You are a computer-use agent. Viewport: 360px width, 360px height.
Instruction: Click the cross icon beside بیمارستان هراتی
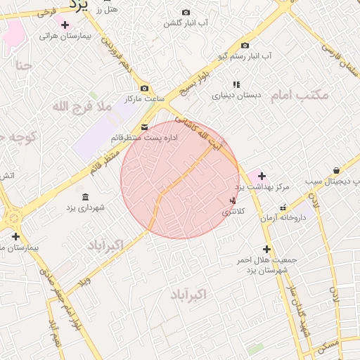coord(65,25)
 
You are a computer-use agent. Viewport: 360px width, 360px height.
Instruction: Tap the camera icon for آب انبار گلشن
coord(186,13)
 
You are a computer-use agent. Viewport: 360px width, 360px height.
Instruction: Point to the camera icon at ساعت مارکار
coord(144,89)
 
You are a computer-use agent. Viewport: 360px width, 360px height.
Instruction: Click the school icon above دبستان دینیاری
coord(236,84)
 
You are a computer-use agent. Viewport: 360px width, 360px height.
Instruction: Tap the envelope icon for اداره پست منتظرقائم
coord(144,127)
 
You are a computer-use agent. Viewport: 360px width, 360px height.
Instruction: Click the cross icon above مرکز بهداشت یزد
coord(262,175)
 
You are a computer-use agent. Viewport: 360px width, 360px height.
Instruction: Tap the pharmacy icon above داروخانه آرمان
coord(283,207)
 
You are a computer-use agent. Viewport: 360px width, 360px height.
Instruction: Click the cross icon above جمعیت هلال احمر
coord(266,249)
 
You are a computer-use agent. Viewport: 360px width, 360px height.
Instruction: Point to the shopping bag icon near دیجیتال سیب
coord(337,171)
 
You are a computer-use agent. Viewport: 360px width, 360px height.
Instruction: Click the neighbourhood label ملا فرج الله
coord(82,106)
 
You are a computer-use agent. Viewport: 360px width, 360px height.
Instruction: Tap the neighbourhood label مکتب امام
coord(299,95)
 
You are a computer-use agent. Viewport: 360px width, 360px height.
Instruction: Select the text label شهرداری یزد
coord(86,207)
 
